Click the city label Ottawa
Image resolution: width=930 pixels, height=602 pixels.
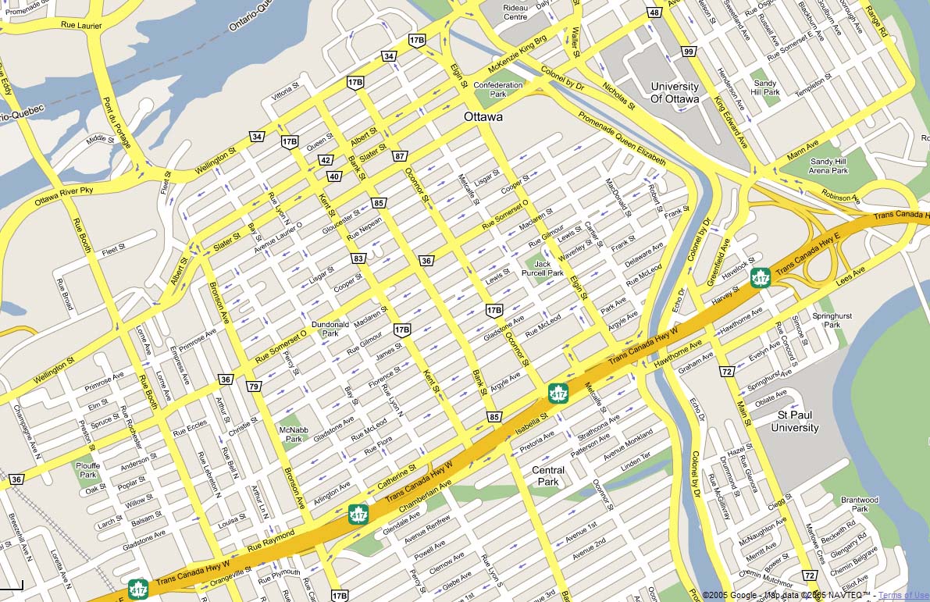point(483,117)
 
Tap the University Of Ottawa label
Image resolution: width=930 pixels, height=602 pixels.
point(674,93)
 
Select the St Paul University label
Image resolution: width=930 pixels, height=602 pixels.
point(795,422)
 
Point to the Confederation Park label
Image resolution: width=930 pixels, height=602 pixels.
point(497,90)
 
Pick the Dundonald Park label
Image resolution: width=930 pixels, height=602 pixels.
point(330,328)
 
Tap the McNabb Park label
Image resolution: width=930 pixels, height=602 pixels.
point(293,433)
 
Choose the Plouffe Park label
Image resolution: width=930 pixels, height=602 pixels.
point(88,469)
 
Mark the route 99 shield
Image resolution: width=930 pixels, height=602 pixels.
point(688,52)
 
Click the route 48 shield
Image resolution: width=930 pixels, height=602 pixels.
point(654,12)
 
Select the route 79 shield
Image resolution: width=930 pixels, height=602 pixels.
point(254,386)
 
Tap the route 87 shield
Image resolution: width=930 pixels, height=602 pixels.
point(399,156)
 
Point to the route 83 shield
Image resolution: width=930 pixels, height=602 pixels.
point(358,258)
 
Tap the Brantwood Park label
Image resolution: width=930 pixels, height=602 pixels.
point(860,504)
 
